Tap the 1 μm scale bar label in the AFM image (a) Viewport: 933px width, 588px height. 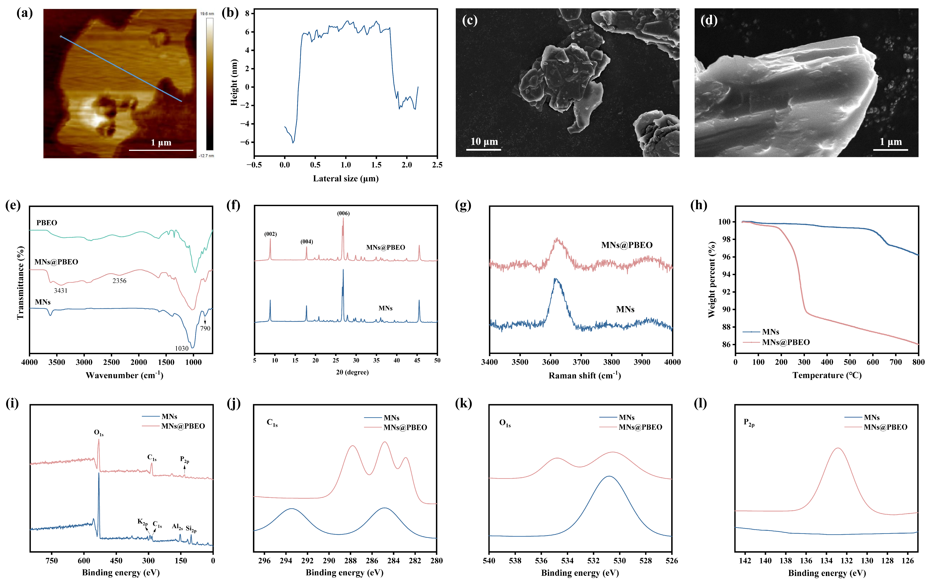click(161, 142)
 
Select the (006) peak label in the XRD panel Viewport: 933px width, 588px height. click(343, 213)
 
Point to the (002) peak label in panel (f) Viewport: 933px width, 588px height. click(270, 234)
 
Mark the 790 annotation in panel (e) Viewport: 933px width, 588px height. click(205, 328)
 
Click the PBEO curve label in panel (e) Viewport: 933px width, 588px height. click(47, 222)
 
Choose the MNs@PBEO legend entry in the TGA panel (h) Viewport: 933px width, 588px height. click(786, 342)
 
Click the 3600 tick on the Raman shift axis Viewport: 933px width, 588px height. click(551, 362)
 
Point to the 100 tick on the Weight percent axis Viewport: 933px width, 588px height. click(724, 222)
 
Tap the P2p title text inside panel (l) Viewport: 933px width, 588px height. click(749, 423)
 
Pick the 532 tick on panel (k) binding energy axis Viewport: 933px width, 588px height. click(594, 560)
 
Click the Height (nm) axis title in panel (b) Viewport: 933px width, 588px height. click(234, 82)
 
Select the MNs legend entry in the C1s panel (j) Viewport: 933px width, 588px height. click(391, 418)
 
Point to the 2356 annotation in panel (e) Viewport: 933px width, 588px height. click(119, 281)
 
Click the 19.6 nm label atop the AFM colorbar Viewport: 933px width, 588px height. click(207, 14)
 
